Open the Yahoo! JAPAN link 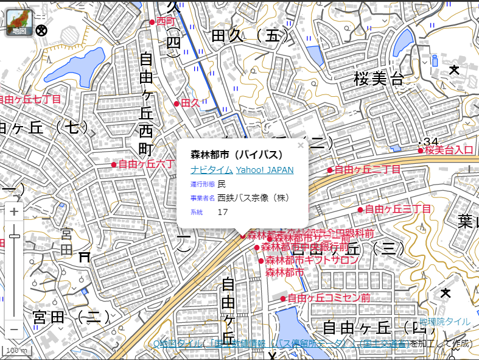[x=265, y=170]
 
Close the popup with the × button [x=300, y=146]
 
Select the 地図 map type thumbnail [x=19, y=22]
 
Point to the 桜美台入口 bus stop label [x=449, y=150]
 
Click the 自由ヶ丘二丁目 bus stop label [x=368, y=169]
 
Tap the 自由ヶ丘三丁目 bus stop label [x=398, y=210]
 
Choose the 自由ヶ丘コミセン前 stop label [x=329, y=298]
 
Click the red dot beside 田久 [x=177, y=104]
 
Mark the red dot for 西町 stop [x=152, y=22]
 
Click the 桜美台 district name [x=379, y=78]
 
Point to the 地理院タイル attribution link [x=444, y=322]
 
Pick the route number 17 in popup [x=223, y=212]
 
